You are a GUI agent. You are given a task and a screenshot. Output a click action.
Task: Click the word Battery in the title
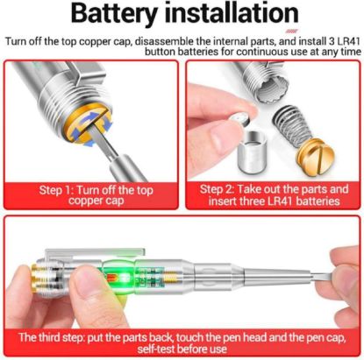tap(114, 17)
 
